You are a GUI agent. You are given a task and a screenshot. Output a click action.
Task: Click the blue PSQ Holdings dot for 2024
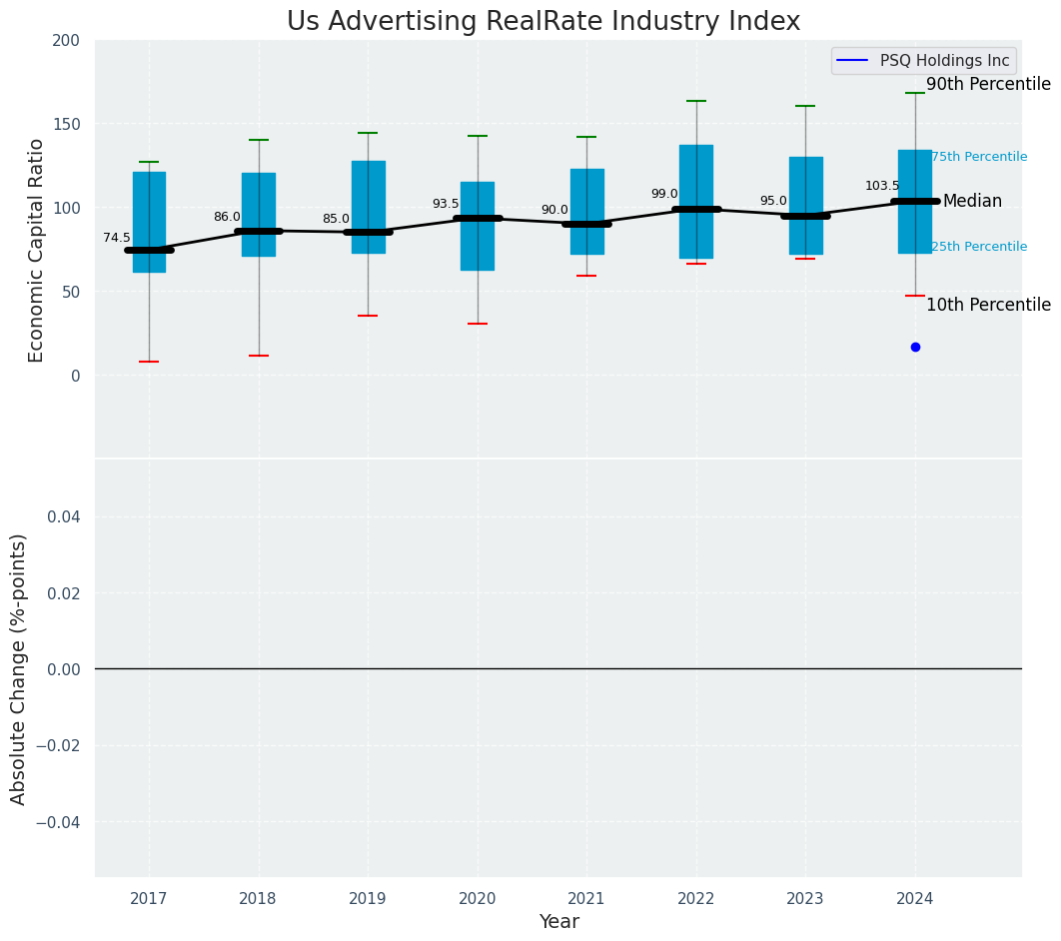pyautogui.click(x=915, y=347)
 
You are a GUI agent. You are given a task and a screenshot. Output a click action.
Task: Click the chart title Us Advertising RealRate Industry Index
pyautogui.click(x=543, y=22)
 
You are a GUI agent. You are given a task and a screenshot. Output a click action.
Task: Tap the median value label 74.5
pyautogui.click(x=117, y=238)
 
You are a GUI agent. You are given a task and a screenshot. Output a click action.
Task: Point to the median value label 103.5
pyautogui.click(x=882, y=186)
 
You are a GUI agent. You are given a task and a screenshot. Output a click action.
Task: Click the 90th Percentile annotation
pyautogui.click(x=988, y=85)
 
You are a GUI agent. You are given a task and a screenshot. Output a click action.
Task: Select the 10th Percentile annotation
pyautogui.click(x=988, y=305)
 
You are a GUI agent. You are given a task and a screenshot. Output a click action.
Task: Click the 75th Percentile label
pyautogui.click(x=979, y=157)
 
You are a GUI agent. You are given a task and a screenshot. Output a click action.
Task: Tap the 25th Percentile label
pyautogui.click(x=979, y=247)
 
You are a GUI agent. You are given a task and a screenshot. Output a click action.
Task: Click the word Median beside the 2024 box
pyautogui.click(x=972, y=202)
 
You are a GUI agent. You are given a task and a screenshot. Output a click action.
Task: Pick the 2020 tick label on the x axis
pyautogui.click(x=478, y=899)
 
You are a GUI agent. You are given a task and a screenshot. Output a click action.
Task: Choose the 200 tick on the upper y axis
pyautogui.click(x=66, y=40)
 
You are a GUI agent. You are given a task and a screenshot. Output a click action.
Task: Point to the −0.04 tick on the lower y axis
pyautogui.click(x=61, y=821)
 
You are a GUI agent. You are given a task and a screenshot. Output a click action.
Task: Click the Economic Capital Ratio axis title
pyautogui.click(x=37, y=250)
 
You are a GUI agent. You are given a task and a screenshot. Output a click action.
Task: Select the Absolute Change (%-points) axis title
pyautogui.click(x=19, y=668)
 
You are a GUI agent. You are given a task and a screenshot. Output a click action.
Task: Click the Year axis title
pyautogui.click(x=558, y=922)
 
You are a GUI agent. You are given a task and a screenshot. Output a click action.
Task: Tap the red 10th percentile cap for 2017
pyautogui.click(x=149, y=362)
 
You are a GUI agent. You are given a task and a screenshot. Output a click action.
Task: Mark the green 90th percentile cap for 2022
pyautogui.click(x=696, y=101)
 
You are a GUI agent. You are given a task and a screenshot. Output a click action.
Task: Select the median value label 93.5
pyautogui.click(x=446, y=204)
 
